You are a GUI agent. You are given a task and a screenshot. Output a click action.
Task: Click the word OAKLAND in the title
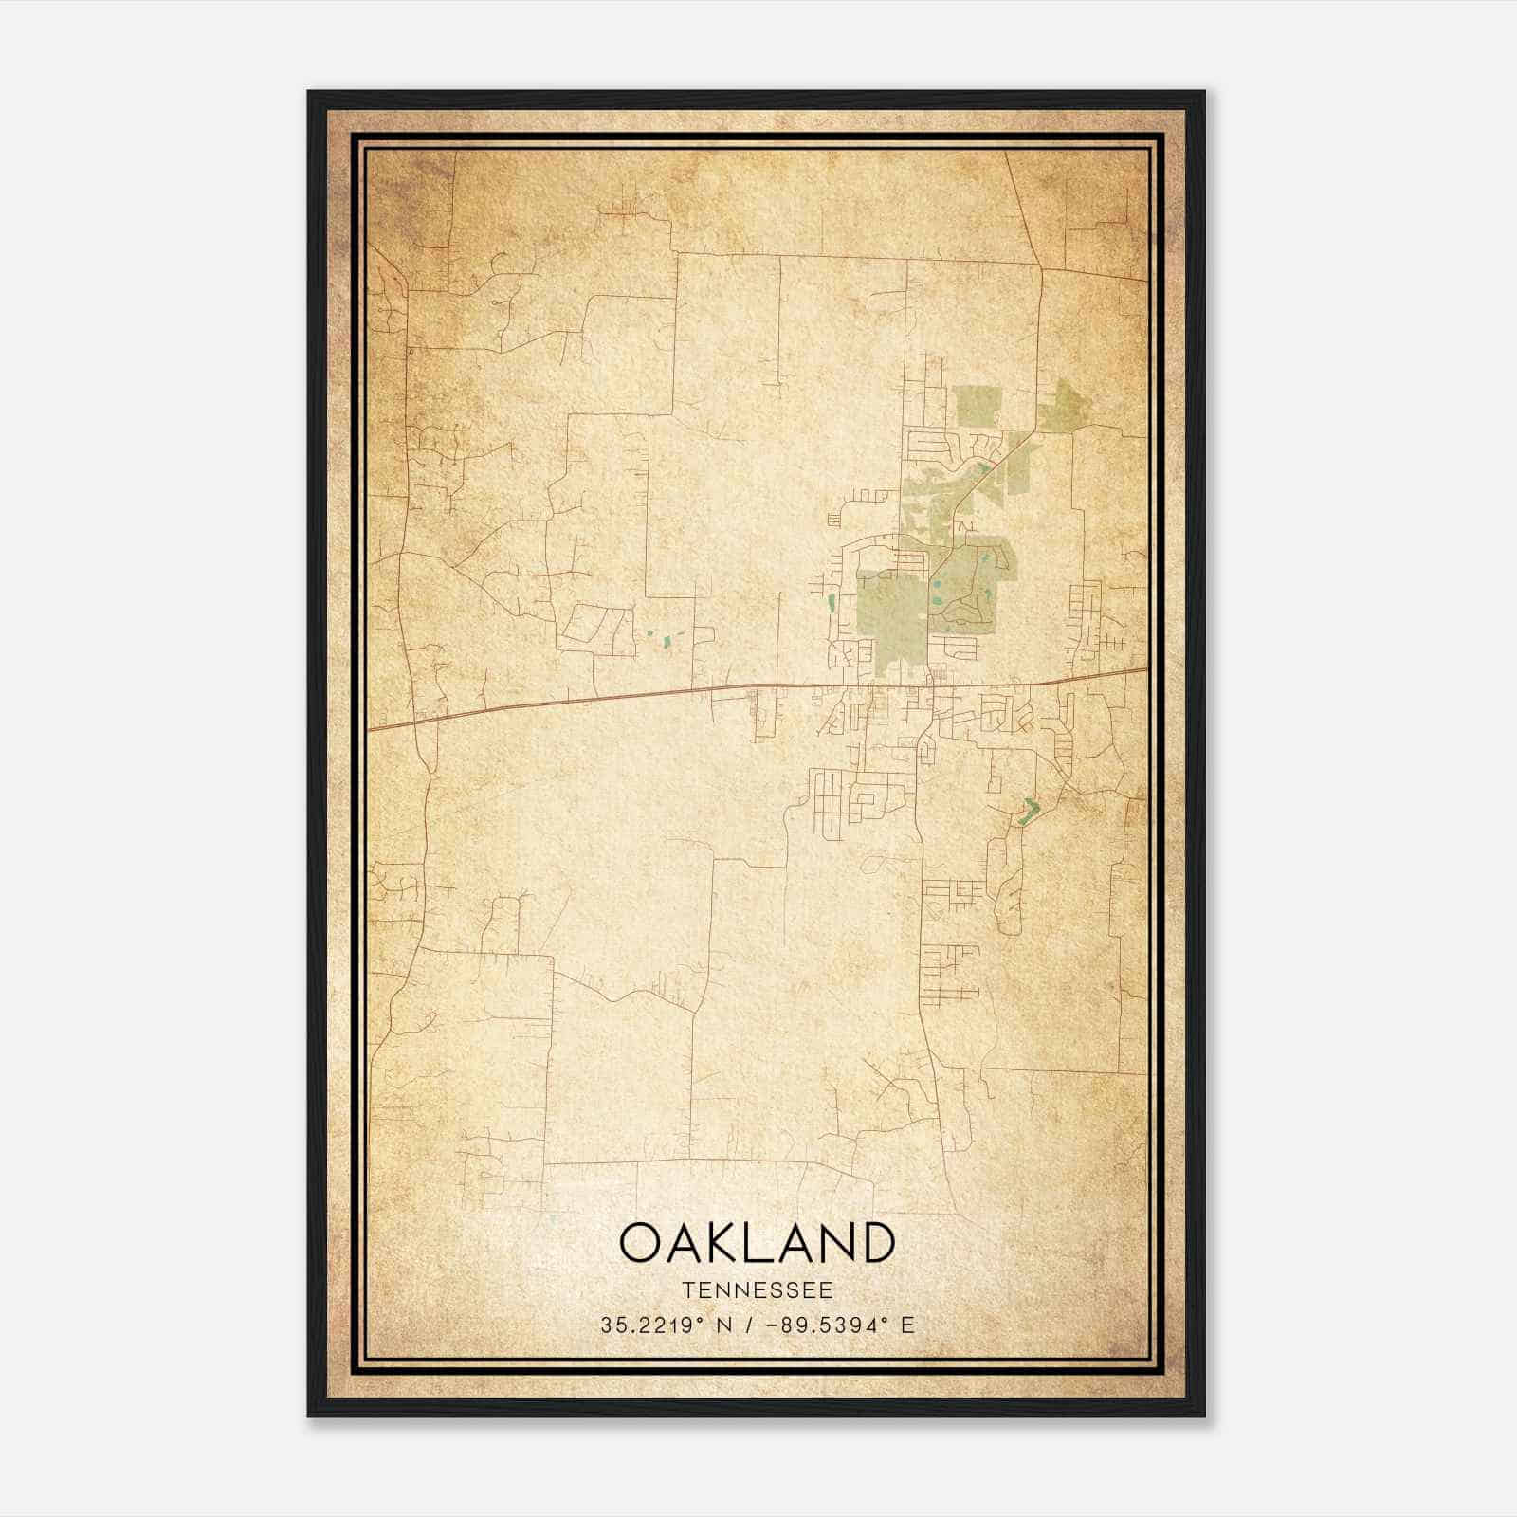click(757, 1242)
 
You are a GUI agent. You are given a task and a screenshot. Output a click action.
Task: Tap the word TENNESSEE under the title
click(757, 1290)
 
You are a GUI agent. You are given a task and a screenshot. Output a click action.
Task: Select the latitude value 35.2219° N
click(665, 1325)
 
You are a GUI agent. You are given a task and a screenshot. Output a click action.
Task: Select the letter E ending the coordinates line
click(908, 1325)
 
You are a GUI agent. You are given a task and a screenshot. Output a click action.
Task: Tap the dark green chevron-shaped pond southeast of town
click(1029, 810)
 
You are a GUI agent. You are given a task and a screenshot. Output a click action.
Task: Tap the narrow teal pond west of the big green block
click(832, 601)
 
